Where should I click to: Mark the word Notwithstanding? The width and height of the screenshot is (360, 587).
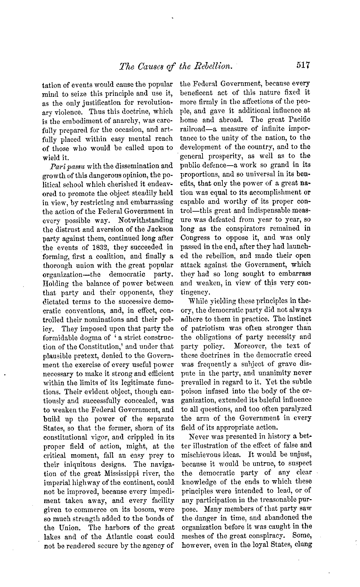coord(146,220)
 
